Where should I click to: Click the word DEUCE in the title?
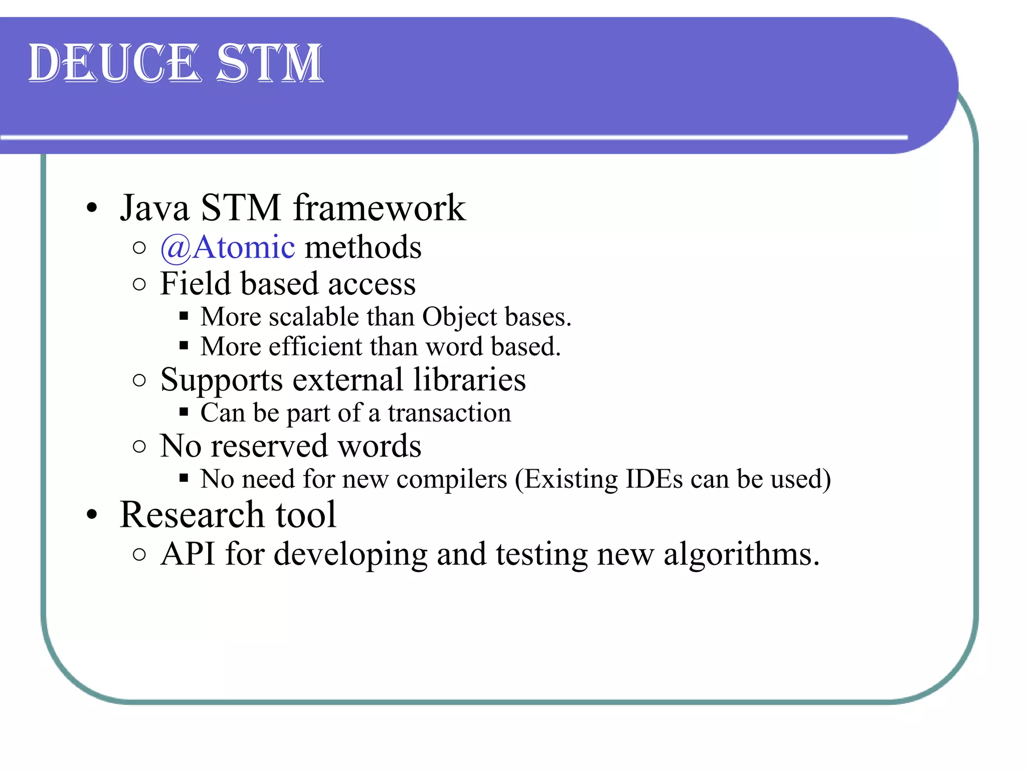(114, 64)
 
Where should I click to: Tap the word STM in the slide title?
(269, 64)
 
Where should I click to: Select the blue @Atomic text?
(228, 248)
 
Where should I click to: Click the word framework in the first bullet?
(379, 208)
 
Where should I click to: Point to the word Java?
(154, 208)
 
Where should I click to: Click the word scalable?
(313, 317)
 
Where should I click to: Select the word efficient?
(315, 347)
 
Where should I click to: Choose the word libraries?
(469, 379)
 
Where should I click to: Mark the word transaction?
(449, 414)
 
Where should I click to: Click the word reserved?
(269, 446)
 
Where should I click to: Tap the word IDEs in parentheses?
(654, 479)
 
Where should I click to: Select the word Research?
(192, 515)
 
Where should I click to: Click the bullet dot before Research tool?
(91, 515)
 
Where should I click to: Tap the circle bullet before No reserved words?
(140, 446)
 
